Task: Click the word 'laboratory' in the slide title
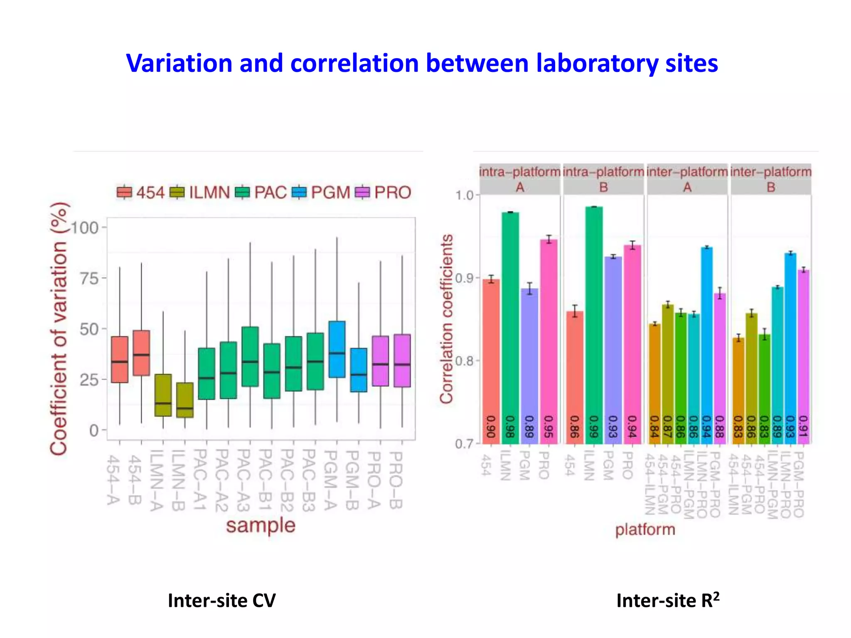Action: pos(597,64)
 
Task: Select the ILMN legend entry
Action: pos(199,192)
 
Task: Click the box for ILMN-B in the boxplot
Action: pos(185,400)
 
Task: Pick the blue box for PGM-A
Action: pos(337,349)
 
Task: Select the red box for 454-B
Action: pos(141,353)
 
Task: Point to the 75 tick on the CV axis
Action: pos(89,278)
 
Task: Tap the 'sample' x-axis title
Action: pos(261,525)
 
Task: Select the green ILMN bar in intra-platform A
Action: pos(510,324)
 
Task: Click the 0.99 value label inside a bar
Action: pos(593,427)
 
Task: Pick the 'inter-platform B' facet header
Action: pos(771,179)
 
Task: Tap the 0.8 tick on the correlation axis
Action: pos(464,361)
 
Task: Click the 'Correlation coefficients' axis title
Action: pos(447,319)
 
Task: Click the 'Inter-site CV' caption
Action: pos(221,601)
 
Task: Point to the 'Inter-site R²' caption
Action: pos(668,601)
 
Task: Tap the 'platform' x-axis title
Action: pos(645,530)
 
